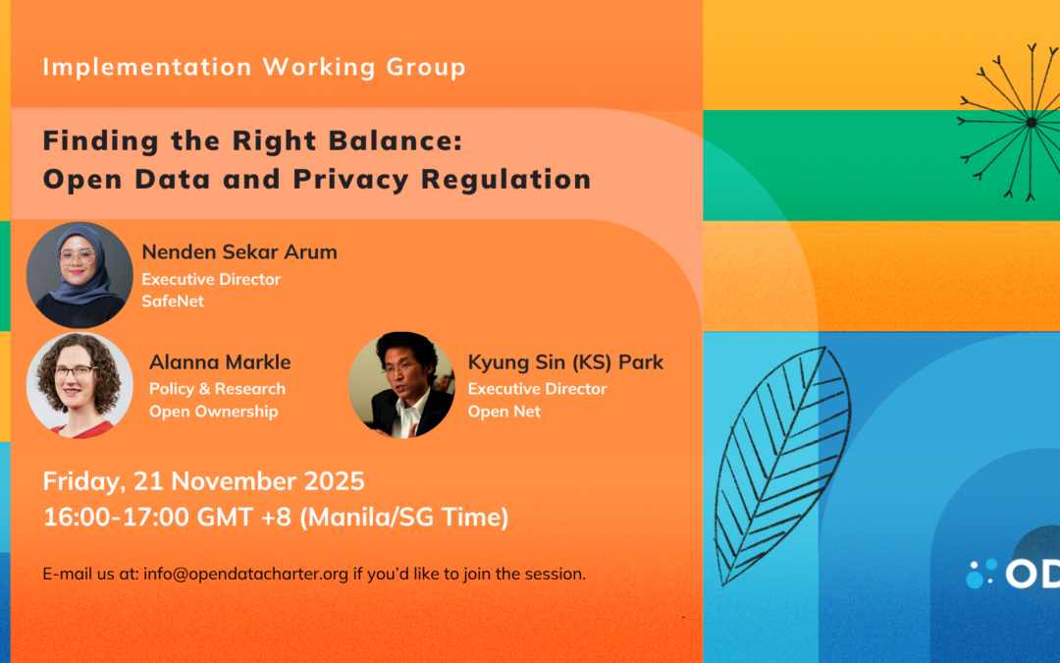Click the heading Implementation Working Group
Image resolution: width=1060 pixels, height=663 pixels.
tap(254, 67)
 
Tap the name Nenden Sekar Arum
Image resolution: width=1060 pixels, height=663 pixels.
tap(239, 251)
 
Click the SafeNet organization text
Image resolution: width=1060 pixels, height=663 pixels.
tap(173, 302)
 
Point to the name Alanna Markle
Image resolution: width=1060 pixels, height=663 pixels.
tap(220, 361)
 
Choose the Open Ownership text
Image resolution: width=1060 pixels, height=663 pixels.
tap(214, 412)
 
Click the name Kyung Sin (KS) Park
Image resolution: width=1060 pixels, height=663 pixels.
tap(566, 362)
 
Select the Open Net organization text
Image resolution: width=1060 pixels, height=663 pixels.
tap(504, 412)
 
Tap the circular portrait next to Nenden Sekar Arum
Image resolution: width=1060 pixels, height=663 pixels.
tap(79, 275)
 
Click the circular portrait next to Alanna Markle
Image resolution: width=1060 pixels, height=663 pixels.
tap(79, 386)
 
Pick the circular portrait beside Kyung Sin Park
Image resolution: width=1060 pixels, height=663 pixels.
tap(401, 385)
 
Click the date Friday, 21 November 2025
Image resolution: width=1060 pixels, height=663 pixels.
tap(203, 481)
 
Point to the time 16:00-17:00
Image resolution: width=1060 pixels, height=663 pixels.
tap(116, 517)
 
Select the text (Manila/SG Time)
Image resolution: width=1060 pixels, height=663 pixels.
tap(404, 518)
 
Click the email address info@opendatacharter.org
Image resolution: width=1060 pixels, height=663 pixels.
tap(245, 574)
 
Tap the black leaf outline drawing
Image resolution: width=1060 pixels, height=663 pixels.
tap(782, 467)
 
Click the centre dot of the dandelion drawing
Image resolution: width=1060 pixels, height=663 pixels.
tap(1031, 123)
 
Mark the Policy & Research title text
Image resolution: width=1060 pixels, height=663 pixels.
tap(217, 389)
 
